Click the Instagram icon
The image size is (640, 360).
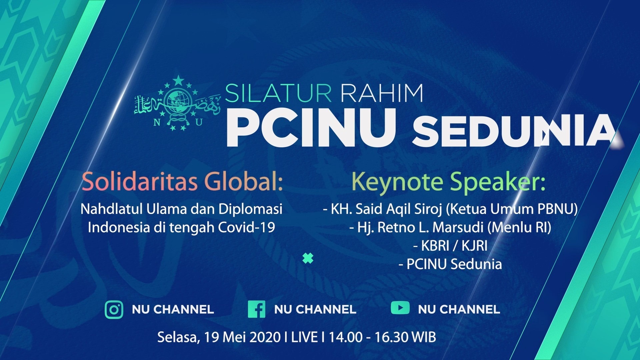tap(114, 309)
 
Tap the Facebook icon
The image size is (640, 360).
tap(256, 309)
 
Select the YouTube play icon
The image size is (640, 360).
tap(400, 307)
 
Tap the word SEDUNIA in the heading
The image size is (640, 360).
tap(513, 130)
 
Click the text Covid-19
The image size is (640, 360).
tap(246, 227)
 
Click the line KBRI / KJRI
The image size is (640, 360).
tap(450, 246)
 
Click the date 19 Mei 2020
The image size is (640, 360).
tap(242, 337)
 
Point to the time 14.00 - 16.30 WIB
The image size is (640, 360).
tap(382, 337)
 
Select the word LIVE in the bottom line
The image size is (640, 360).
tap(304, 337)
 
